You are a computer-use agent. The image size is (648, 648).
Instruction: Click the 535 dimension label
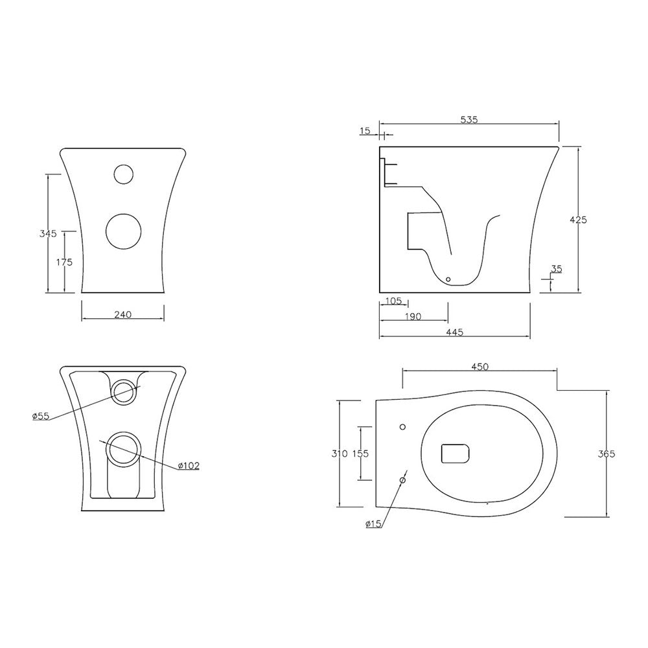pyautogui.click(x=469, y=119)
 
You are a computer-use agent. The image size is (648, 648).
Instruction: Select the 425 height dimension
pyautogui.click(x=578, y=220)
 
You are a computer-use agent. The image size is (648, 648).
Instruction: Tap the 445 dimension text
pyautogui.click(x=454, y=332)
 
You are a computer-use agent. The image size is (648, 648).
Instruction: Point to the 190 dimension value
pyautogui.click(x=413, y=316)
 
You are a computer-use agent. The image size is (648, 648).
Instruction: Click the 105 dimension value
pyautogui.click(x=393, y=301)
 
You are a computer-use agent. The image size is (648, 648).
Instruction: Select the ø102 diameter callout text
pyautogui.click(x=189, y=465)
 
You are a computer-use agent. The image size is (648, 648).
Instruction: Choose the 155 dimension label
pyautogui.click(x=360, y=454)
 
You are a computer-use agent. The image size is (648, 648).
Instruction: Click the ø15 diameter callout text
pyautogui.click(x=373, y=524)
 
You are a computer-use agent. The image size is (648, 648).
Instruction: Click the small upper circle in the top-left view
pyautogui.click(x=122, y=174)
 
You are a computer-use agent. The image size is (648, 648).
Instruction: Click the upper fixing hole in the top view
pyautogui.click(x=402, y=427)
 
